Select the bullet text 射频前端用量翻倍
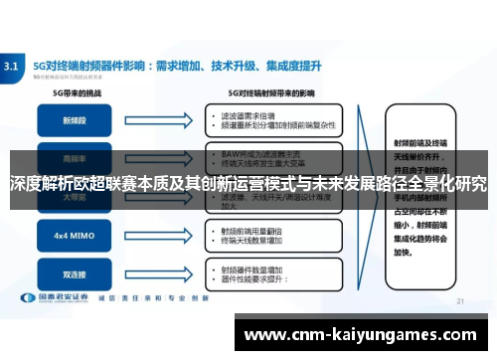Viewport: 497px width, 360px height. point(248,230)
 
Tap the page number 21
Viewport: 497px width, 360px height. point(460,300)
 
